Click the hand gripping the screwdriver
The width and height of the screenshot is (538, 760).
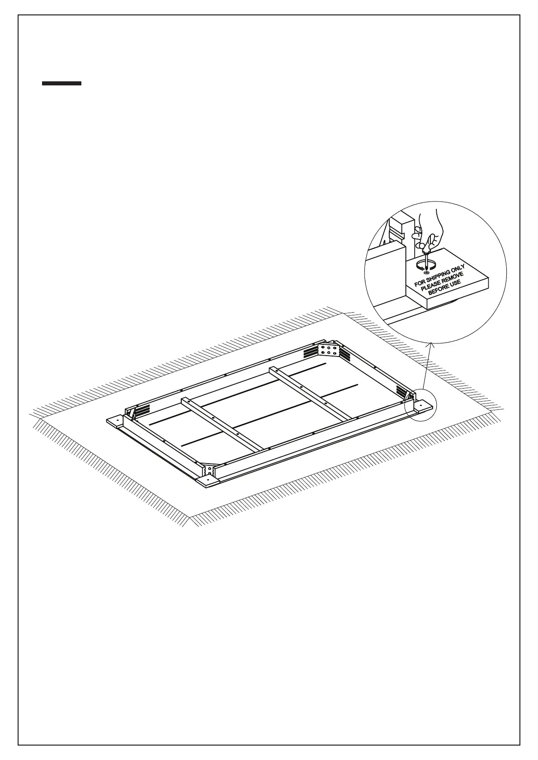429,230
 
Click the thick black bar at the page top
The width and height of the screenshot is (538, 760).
61,83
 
